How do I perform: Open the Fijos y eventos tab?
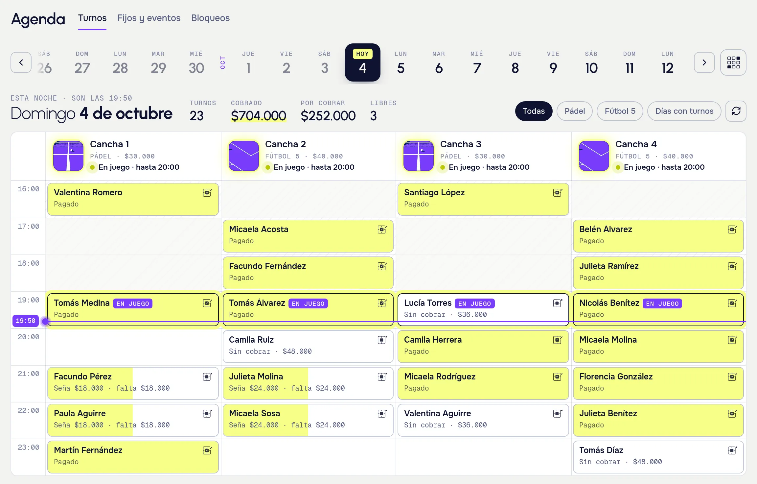tap(149, 18)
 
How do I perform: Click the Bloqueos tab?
tap(210, 18)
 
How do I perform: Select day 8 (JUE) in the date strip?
tap(515, 62)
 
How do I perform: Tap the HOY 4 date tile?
tap(363, 62)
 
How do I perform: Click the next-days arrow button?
tap(704, 62)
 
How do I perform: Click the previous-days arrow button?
tap(21, 62)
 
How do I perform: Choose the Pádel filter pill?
tap(575, 111)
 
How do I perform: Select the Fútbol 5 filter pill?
tap(620, 111)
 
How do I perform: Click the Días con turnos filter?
tap(684, 111)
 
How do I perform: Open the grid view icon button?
tap(733, 62)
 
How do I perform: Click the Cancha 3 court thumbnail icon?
tap(419, 156)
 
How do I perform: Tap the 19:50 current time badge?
tap(26, 321)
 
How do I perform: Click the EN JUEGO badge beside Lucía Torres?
tap(475, 303)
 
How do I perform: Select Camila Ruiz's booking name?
tap(251, 340)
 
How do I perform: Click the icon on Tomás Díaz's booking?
tap(732, 450)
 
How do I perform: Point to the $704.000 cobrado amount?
tap(259, 116)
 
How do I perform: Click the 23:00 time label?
tap(29, 448)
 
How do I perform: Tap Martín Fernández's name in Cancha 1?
tap(88, 450)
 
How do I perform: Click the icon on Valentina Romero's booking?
tap(207, 192)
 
